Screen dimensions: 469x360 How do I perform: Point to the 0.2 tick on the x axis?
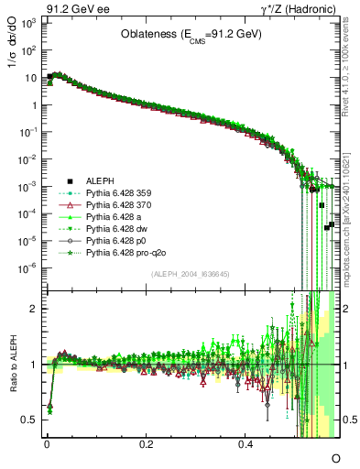pyautogui.click(x=147, y=442)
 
